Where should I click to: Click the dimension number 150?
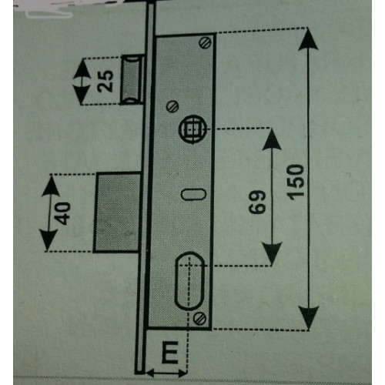pyautogui.click(x=296, y=182)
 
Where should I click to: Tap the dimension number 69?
pyautogui.click(x=257, y=202)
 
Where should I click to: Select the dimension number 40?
pyautogui.click(x=62, y=213)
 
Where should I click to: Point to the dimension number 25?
pyautogui.click(x=105, y=81)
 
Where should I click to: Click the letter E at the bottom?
pyautogui.click(x=170, y=352)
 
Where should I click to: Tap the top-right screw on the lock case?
pyautogui.click(x=205, y=42)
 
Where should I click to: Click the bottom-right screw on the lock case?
pyautogui.click(x=199, y=318)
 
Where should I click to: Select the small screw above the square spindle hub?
pyautogui.click(x=172, y=105)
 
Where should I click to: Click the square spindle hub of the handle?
pyautogui.click(x=192, y=129)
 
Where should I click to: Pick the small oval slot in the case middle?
pyautogui.click(x=193, y=194)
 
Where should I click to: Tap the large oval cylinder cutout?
pyautogui.click(x=189, y=280)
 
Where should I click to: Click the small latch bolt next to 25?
pyautogui.click(x=132, y=80)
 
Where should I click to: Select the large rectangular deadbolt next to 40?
pyautogui.click(x=117, y=213)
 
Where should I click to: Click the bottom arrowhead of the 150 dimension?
pyautogui.click(x=309, y=318)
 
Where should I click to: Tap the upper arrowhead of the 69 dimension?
pyautogui.click(x=272, y=139)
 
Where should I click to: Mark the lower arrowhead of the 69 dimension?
pyautogui.click(x=272, y=253)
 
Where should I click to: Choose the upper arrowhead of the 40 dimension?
pyautogui.click(x=51, y=186)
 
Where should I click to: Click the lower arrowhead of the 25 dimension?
pyautogui.click(x=82, y=94)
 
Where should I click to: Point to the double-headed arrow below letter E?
pyautogui.click(x=166, y=373)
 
